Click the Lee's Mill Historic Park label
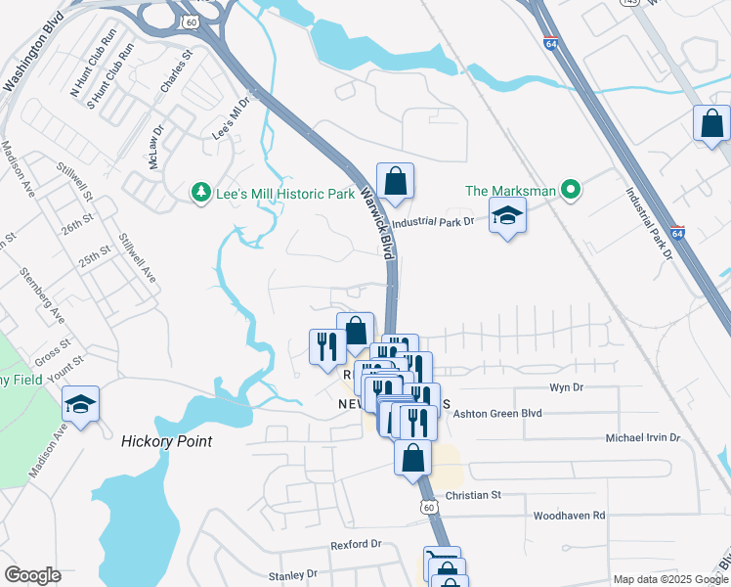coord(285,194)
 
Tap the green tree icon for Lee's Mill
coord(201,193)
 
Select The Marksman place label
coord(510,191)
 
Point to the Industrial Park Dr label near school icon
coord(441,222)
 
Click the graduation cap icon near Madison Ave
coord(80,404)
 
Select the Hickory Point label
coord(166,441)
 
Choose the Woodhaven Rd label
coord(569,515)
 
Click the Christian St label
coord(472,495)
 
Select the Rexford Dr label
coord(356,543)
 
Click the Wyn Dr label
coord(566,387)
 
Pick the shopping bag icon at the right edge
coord(711,123)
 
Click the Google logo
coord(32,575)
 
